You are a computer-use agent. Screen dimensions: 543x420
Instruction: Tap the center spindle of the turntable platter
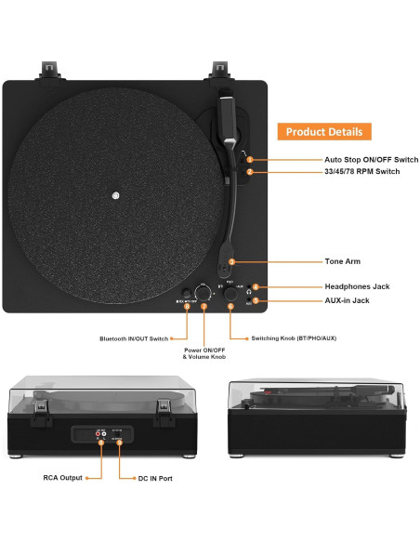pyautogui.click(x=115, y=195)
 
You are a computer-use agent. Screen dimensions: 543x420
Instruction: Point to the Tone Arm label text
pyautogui.click(x=342, y=262)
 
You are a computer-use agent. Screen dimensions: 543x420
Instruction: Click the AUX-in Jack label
pyautogui.click(x=347, y=301)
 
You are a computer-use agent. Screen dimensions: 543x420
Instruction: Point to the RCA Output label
pyautogui.click(x=63, y=478)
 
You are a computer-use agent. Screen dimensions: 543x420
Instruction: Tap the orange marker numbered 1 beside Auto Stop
pyautogui.click(x=249, y=160)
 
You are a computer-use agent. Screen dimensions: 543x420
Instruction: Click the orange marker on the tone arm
pyautogui.click(x=231, y=262)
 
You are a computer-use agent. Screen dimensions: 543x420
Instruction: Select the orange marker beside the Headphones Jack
pyautogui.click(x=256, y=287)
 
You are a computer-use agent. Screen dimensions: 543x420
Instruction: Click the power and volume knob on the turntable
pyautogui.click(x=203, y=292)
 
